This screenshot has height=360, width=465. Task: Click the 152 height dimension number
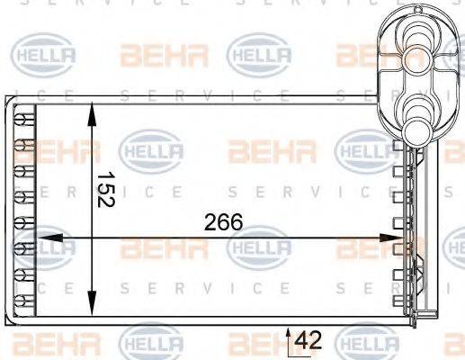(x=105, y=190)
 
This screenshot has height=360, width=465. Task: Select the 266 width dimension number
(x=224, y=222)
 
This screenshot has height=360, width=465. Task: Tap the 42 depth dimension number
(x=309, y=340)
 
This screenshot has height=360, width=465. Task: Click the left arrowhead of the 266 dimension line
(x=41, y=238)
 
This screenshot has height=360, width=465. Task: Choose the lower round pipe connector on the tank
(x=417, y=114)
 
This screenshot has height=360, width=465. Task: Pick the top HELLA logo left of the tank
(x=261, y=56)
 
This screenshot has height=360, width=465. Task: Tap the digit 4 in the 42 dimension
(x=302, y=340)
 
